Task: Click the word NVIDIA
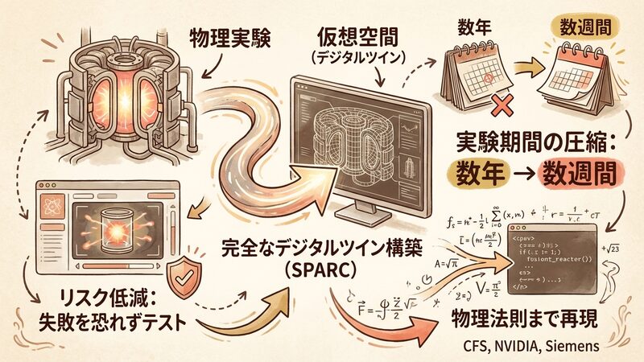coord(524,346)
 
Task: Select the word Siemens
coord(574,346)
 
